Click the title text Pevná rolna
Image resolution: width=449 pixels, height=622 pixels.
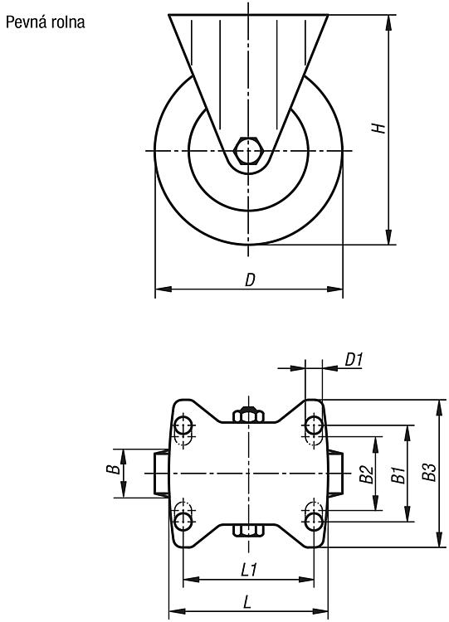(x=46, y=22)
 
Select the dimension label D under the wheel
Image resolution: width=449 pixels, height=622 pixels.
(x=250, y=280)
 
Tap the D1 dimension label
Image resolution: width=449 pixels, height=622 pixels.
(x=354, y=360)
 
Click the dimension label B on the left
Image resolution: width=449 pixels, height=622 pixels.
(x=113, y=469)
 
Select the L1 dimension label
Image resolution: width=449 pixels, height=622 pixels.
(x=249, y=571)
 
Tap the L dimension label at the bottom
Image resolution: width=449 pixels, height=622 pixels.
(x=247, y=604)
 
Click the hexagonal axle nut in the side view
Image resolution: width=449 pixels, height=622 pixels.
(x=247, y=151)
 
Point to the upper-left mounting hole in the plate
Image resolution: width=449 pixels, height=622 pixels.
(x=183, y=426)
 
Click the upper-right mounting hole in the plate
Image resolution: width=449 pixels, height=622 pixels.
(x=314, y=426)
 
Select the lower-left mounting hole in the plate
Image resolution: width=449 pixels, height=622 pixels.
(x=183, y=521)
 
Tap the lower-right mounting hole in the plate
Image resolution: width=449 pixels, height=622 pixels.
(x=314, y=521)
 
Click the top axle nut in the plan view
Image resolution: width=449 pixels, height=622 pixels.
(x=248, y=415)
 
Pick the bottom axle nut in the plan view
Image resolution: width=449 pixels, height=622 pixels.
(x=248, y=531)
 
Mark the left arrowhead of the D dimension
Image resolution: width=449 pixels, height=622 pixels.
(x=163, y=289)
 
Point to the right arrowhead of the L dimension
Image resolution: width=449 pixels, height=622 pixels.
(x=320, y=611)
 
